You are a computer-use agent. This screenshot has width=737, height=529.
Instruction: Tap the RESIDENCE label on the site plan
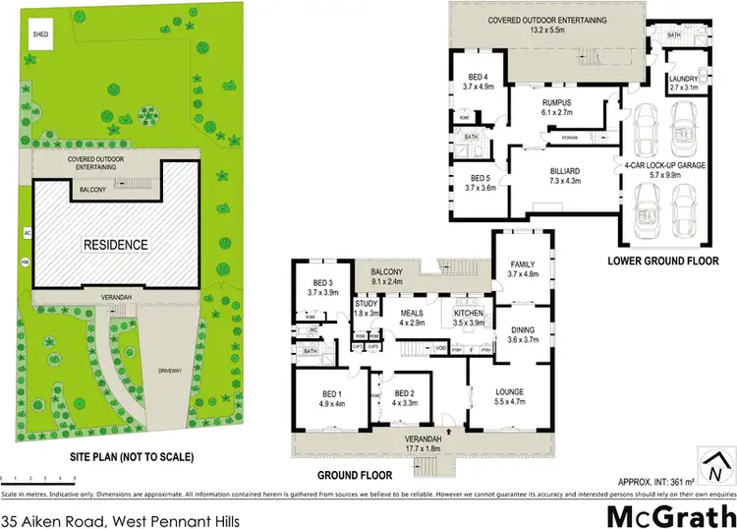tap(114, 245)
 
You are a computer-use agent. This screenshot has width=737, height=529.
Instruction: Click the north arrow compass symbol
tap(715, 459)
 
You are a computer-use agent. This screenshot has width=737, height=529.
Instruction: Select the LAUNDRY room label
tap(682, 83)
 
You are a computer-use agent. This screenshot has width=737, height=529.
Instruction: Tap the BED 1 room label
tap(326, 396)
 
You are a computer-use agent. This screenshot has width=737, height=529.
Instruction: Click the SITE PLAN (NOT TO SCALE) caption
tap(113, 456)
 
